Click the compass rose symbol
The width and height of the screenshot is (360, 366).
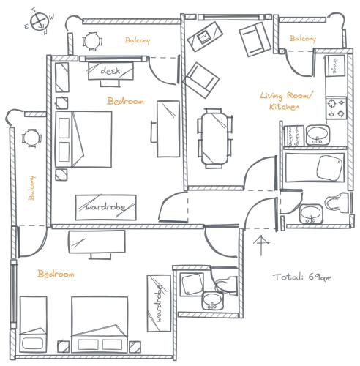(x=40, y=21)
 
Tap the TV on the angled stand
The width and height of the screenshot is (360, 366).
(x=203, y=38)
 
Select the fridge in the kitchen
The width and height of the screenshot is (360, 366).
(x=335, y=66)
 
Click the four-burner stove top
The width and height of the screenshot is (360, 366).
(x=336, y=108)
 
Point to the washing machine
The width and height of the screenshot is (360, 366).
(x=294, y=136)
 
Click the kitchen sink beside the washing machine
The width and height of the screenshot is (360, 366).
(x=318, y=135)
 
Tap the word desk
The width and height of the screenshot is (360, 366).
(x=110, y=71)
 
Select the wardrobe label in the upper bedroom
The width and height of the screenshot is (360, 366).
(x=105, y=207)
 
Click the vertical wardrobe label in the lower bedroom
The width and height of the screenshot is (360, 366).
(x=159, y=303)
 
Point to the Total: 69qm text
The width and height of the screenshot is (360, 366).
(x=302, y=277)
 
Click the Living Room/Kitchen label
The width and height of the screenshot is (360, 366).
(x=286, y=101)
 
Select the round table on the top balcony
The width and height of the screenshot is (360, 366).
(x=91, y=41)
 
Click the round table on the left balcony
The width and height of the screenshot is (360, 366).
(x=31, y=138)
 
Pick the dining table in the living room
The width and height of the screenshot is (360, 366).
(x=214, y=138)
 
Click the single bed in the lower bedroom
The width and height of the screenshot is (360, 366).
(x=33, y=324)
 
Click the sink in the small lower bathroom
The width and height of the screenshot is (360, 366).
(x=212, y=301)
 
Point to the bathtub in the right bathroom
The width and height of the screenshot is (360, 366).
(x=315, y=168)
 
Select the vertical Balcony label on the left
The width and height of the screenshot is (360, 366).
(x=31, y=188)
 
